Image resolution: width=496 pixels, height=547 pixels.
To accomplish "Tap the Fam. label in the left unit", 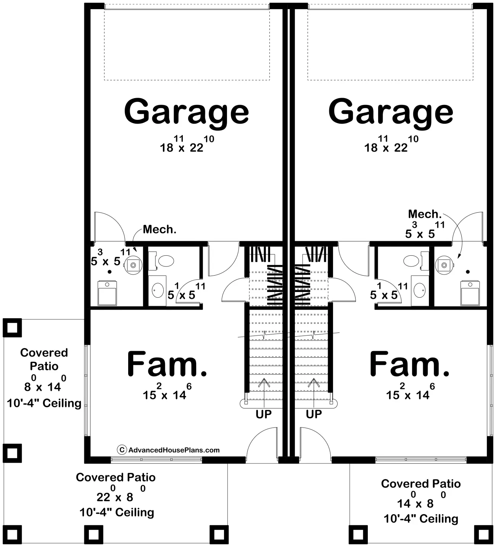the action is (x=167, y=364).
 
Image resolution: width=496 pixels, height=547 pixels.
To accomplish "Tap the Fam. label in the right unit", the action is (x=409, y=364).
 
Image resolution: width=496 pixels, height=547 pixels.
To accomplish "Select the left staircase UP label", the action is (x=264, y=414).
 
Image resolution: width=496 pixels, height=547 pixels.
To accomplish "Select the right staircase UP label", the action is (x=314, y=414).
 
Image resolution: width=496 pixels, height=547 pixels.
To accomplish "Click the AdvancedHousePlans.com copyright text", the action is (x=169, y=450).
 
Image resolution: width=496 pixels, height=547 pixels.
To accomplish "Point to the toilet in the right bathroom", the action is (x=414, y=261).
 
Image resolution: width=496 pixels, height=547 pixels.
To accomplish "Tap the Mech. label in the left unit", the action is (x=159, y=229).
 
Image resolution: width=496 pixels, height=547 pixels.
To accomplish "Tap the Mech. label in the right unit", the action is (x=425, y=214).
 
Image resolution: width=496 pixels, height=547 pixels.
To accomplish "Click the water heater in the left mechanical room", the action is (x=133, y=265).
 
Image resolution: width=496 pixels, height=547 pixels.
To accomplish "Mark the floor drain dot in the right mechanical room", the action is (x=468, y=272).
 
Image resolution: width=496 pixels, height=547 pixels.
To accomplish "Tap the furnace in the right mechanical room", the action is (x=470, y=293).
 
